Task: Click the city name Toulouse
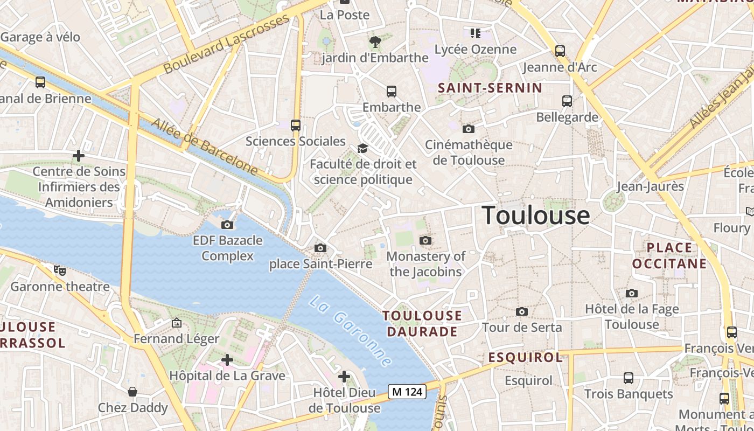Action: click(x=536, y=215)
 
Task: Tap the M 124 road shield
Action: click(x=407, y=392)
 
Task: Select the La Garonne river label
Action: click(x=350, y=331)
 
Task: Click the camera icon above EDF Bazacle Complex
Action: click(x=227, y=225)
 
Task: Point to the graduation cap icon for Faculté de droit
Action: click(x=362, y=148)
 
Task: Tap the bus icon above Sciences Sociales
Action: click(x=295, y=126)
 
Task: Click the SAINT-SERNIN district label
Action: click(x=490, y=88)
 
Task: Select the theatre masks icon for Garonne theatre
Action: click(x=60, y=270)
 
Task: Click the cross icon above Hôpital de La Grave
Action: click(x=227, y=359)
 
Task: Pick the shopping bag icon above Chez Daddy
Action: click(x=132, y=392)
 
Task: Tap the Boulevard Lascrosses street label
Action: click(x=226, y=44)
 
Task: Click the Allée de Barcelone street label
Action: click(x=204, y=146)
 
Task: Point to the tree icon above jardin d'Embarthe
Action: click(x=375, y=41)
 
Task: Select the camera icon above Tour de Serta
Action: click(x=521, y=311)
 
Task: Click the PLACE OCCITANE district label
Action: click(x=669, y=255)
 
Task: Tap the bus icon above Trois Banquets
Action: click(x=628, y=378)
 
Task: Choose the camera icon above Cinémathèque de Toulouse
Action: click(x=469, y=129)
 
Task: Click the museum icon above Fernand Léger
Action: click(x=176, y=323)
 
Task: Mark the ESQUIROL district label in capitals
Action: click(x=525, y=357)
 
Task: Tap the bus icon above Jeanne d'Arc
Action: click(x=560, y=51)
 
